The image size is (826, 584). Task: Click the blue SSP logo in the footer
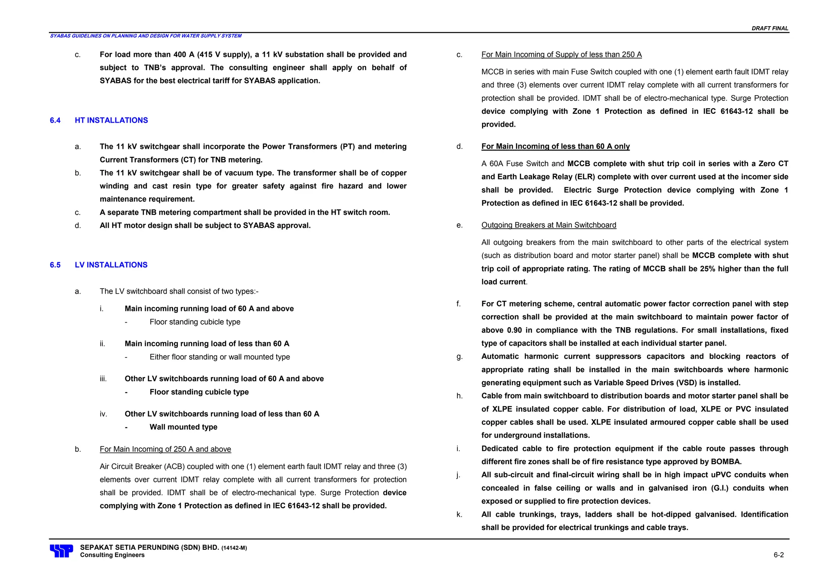point(61,551)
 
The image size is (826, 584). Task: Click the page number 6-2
point(778,555)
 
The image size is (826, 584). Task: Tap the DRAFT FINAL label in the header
point(770,28)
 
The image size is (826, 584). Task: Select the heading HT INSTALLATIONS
point(111,120)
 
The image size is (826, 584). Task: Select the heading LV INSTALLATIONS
point(111,265)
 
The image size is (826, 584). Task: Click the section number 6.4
point(55,120)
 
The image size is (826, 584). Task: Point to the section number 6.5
point(55,265)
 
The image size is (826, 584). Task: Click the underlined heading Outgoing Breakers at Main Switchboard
point(549,225)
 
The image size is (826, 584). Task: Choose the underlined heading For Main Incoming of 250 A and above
point(165,449)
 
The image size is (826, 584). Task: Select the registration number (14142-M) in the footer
point(234,548)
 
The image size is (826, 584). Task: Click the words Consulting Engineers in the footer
point(112,555)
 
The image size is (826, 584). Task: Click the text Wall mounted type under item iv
point(183,427)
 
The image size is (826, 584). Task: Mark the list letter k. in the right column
point(459,514)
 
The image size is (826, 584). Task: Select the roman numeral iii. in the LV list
point(103,379)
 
